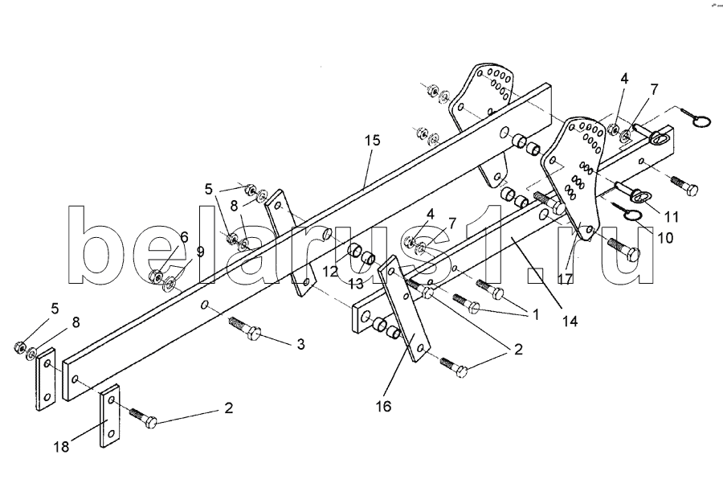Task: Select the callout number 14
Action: pos(570,322)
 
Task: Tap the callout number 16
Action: pos(382,407)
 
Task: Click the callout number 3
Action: pos(300,344)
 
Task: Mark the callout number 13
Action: pos(353,284)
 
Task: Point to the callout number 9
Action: pos(200,251)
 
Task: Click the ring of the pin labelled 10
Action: pos(631,215)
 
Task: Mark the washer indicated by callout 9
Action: pos(172,282)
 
